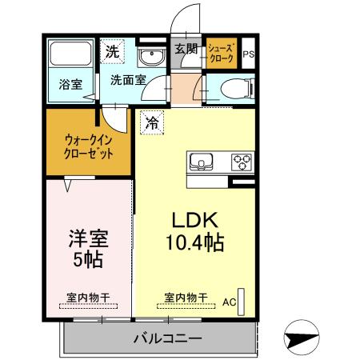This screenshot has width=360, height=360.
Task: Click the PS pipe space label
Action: coord(249,54)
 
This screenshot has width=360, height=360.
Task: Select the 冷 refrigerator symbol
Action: coord(151,123)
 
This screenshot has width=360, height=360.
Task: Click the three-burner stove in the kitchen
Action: coord(242,162)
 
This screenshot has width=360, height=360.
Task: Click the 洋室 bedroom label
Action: coord(87,238)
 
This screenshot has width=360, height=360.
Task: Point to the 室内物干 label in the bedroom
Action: coord(88,298)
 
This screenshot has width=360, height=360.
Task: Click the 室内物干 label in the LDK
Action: coord(186,298)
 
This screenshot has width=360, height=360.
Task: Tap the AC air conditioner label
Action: coord(230,302)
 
